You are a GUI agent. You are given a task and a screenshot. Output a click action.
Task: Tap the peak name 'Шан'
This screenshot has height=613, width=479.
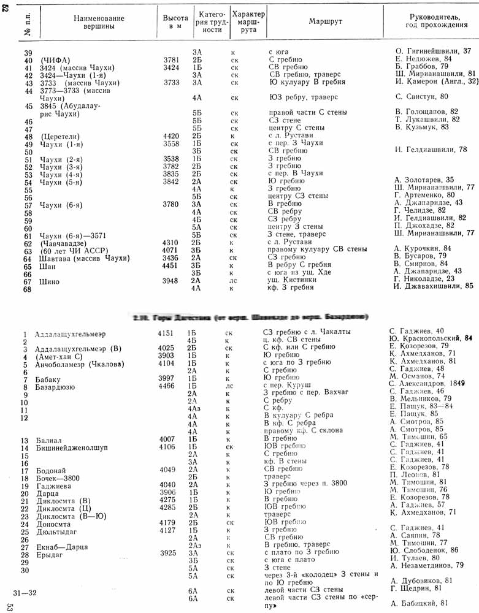click(x=46, y=267)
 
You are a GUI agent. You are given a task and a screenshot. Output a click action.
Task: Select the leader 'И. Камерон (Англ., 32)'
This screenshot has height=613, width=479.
click(x=433, y=82)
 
